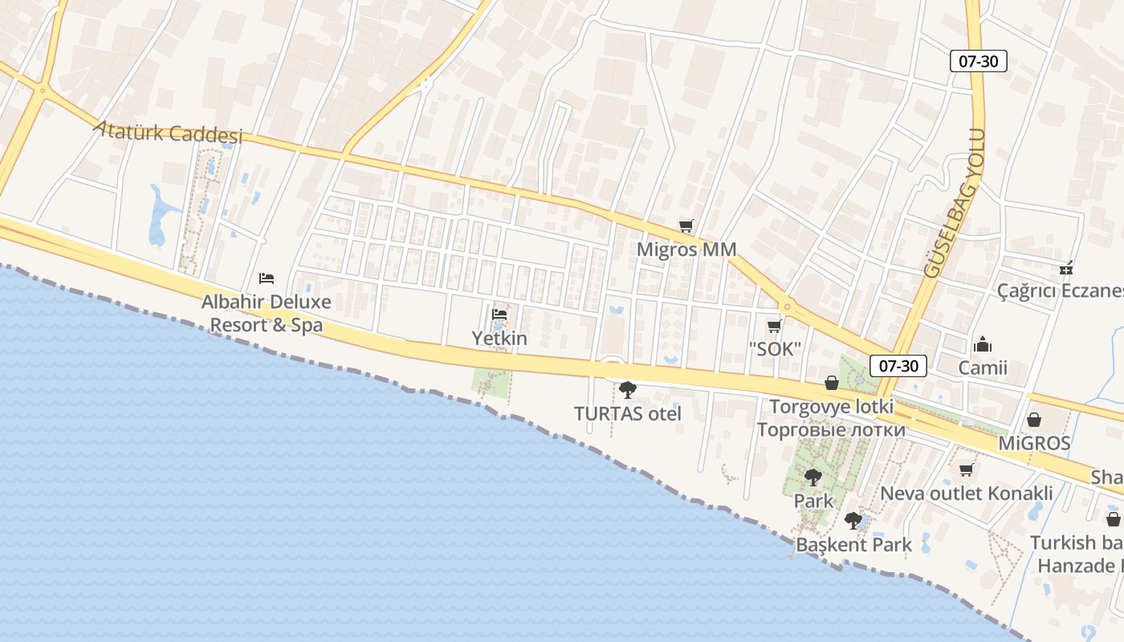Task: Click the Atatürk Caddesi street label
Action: point(168,132)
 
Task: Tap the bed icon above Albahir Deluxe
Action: point(267,278)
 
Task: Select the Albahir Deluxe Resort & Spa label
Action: point(266,314)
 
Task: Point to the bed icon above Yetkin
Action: point(499,314)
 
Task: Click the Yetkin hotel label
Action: point(499,338)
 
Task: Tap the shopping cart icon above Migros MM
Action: point(686,226)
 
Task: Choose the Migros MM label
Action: point(686,250)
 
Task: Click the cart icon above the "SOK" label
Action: point(775,325)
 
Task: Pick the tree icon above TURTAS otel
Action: point(628,390)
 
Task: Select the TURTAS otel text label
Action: point(628,414)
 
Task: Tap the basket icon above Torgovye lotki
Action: point(832,383)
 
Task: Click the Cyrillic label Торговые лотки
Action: point(831,430)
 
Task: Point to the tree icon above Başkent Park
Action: point(853,521)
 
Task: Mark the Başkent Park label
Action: point(853,545)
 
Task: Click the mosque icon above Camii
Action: point(983,344)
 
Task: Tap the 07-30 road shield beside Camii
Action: point(898,366)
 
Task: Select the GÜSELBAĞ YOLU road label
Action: point(955,204)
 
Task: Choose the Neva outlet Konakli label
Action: point(967,493)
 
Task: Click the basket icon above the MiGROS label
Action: point(1034,420)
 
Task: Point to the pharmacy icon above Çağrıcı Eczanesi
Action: point(1066,267)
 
